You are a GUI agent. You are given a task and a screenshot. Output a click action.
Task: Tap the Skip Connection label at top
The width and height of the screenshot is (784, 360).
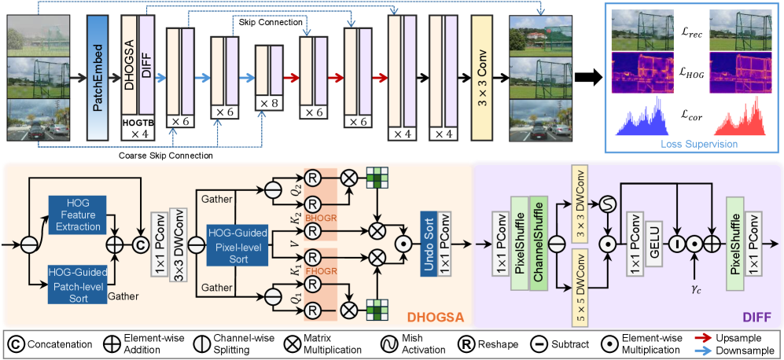(x=271, y=24)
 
